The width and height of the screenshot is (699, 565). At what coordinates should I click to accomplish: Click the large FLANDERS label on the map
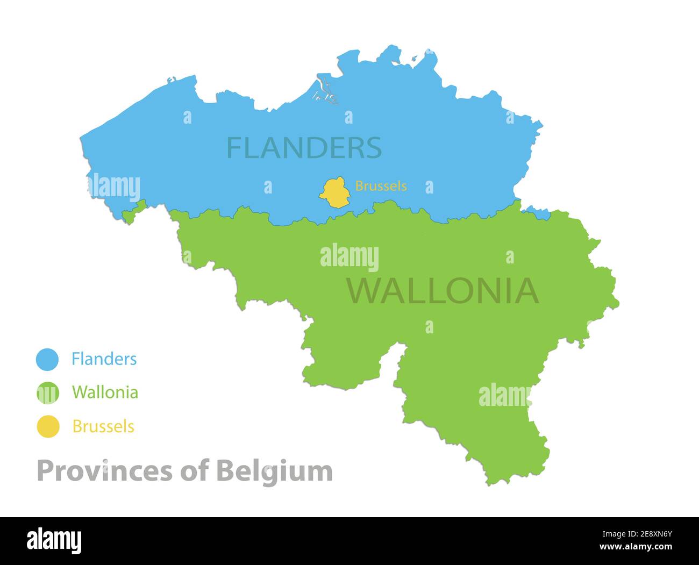[x=304, y=147]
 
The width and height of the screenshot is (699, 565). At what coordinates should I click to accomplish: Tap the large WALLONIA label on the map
[x=442, y=291]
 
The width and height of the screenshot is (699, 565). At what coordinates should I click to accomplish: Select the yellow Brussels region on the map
[x=334, y=192]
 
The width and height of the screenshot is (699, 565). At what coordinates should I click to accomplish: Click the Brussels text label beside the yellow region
[x=381, y=186]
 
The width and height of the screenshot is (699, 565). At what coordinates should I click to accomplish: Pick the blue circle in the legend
[x=47, y=359]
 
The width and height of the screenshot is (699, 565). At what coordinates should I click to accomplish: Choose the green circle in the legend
[x=47, y=392]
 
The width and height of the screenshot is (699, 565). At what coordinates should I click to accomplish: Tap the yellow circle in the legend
[x=48, y=426]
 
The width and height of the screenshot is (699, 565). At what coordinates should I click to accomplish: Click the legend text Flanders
[x=104, y=359]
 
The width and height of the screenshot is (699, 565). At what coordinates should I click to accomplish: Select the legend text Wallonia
[x=105, y=392]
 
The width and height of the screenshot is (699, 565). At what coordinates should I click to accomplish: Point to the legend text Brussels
[x=103, y=426]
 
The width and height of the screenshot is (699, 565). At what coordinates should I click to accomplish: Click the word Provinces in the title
[x=105, y=471]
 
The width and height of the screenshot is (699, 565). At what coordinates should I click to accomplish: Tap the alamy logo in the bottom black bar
[x=54, y=540]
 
